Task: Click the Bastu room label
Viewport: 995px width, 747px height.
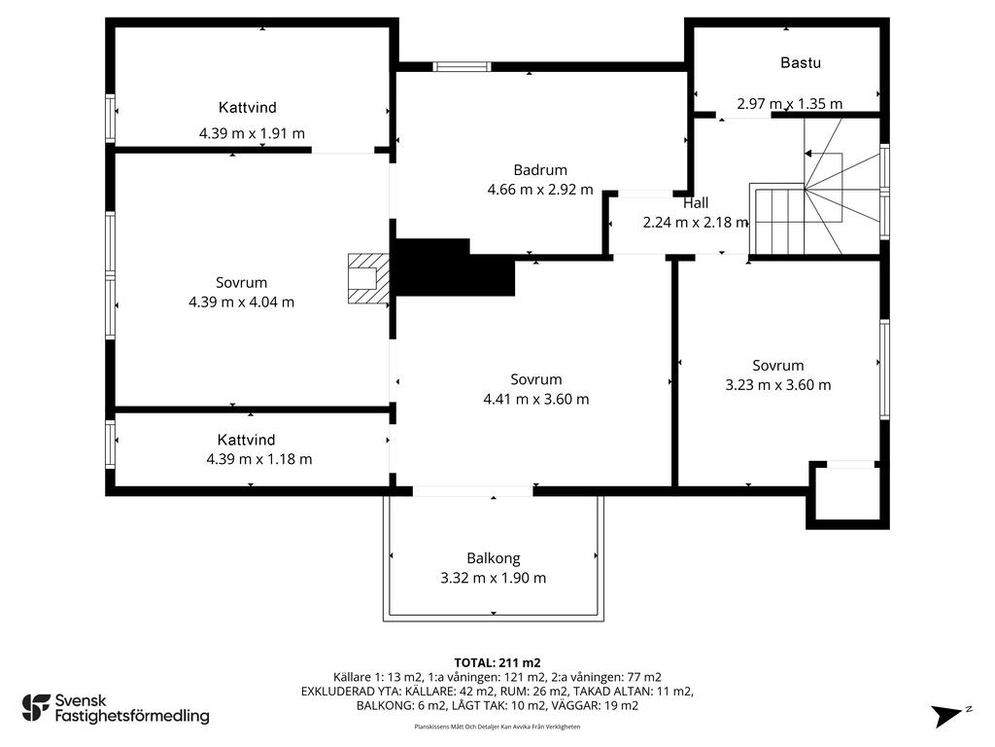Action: coord(801,63)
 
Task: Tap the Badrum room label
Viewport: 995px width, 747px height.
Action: coord(540,169)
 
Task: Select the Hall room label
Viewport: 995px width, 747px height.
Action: coord(696,203)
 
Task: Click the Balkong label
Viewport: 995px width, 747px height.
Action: coord(493,558)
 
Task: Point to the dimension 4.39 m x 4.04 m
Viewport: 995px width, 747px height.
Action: coord(241,302)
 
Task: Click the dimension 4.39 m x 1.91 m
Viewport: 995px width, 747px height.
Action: coord(252,133)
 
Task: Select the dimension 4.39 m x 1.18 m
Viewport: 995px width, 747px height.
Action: coord(259,459)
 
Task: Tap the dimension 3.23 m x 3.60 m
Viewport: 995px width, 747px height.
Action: coord(778,384)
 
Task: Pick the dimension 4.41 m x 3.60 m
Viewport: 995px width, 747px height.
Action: coord(535,399)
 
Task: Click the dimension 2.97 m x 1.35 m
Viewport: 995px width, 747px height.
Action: coord(789,103)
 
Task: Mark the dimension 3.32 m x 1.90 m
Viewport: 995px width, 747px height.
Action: coord(493,578)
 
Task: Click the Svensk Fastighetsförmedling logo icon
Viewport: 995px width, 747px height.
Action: coord(36,707)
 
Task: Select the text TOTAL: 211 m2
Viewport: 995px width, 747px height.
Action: coord(497,662)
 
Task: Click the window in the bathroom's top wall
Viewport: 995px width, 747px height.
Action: coord(463,67)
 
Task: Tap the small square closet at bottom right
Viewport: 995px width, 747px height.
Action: coord(846,496)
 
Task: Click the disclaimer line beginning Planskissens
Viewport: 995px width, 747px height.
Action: coord(497,727)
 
